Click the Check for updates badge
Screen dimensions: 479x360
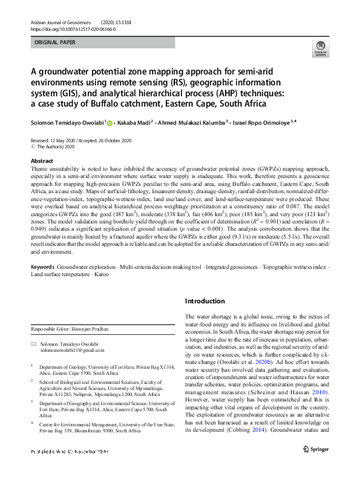point(320,48)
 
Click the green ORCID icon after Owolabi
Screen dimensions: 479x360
point(110,122)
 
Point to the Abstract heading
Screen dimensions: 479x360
point(42,161)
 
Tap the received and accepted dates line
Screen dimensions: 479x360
point(85,139)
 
